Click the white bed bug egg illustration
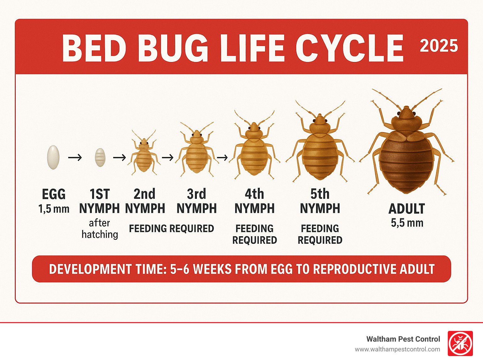click(x=53, y=157)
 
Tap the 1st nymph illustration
click(x=100, y=157)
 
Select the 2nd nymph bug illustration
click(x=144, y=156)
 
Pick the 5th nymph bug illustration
click(x=320, y=148)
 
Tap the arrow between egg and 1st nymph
click(x=75, y=157)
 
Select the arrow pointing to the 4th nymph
click(x=222, y=157)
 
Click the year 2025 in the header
click(x=439, y=46)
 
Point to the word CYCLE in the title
click(x=349, y=48)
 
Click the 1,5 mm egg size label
click(x=54, y=209)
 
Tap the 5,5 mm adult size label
click(x=407, y=223)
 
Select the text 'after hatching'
click(x=100, y=229)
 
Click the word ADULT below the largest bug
click(x=407, y=209)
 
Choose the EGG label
click(x=54, y=194)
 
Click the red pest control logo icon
click(x=460, y=343)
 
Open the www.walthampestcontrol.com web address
click(x=397, y=349)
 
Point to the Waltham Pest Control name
click(x=403, y=339)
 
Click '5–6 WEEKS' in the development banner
click(x=200, y=269)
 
